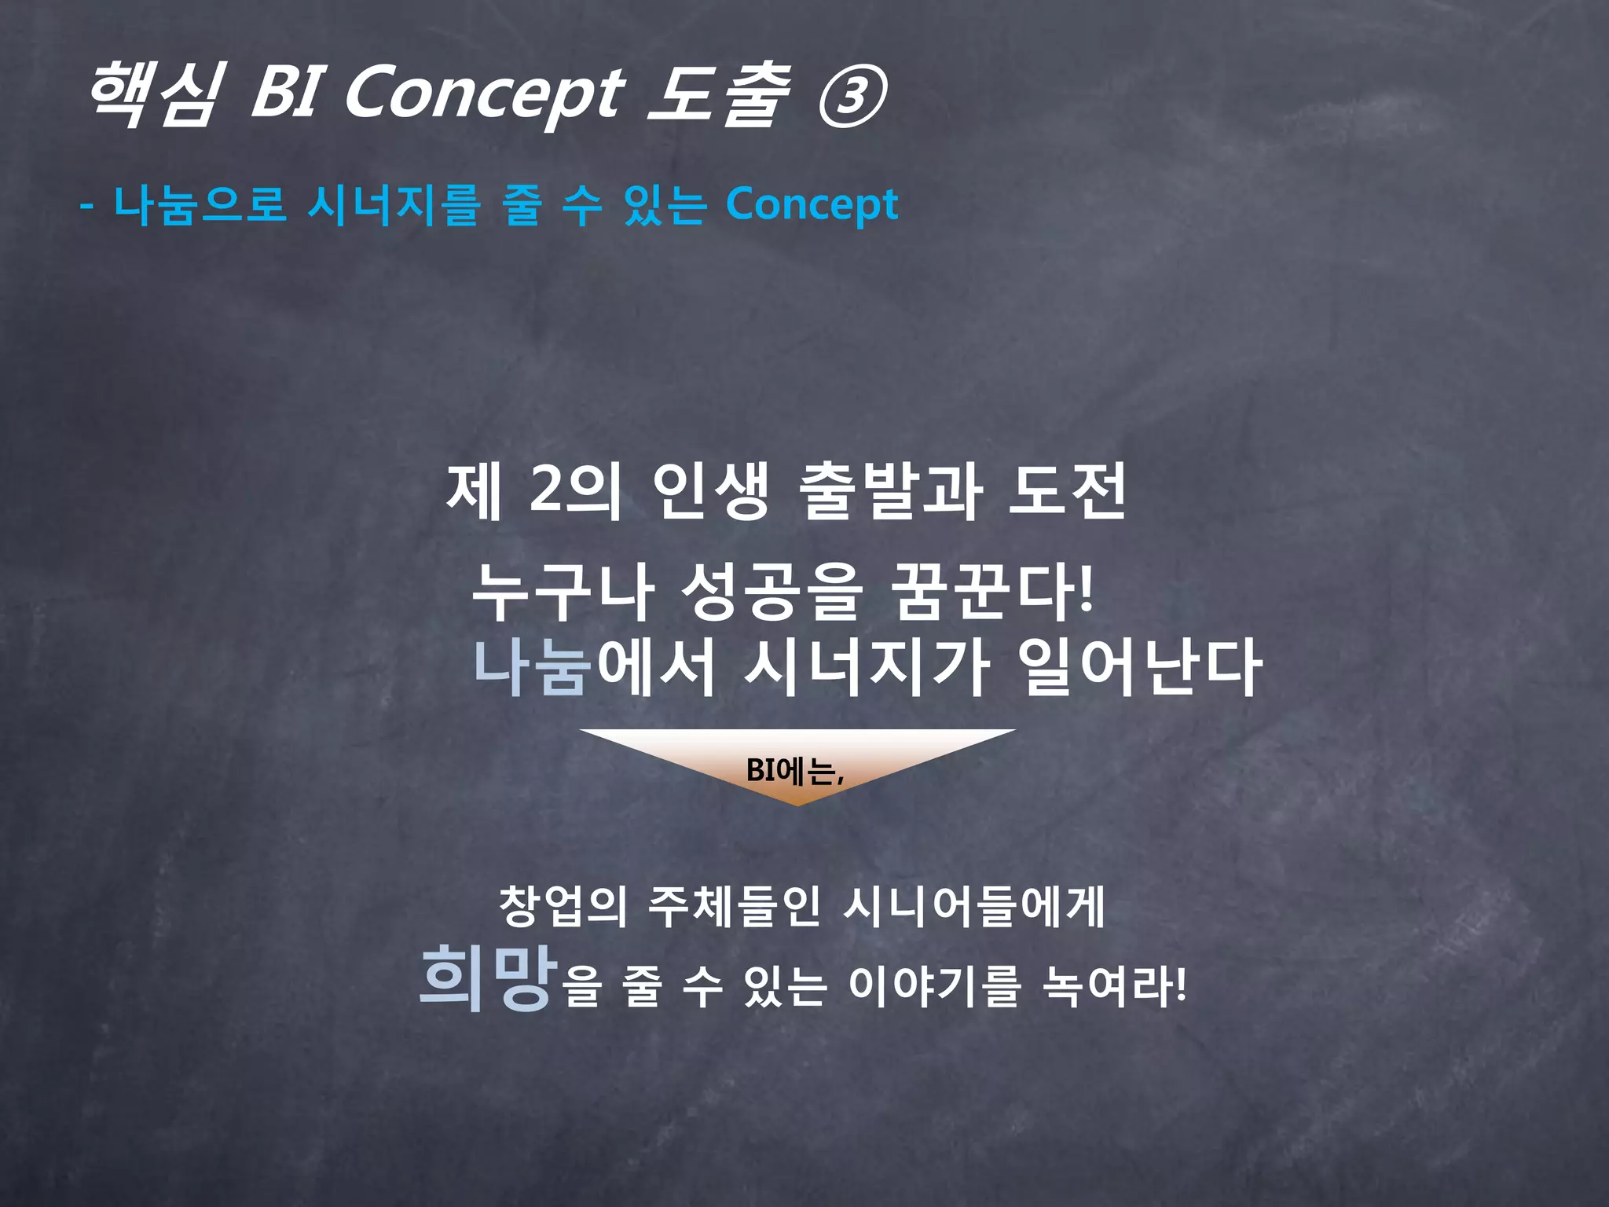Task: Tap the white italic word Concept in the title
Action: click(x=484, y=97)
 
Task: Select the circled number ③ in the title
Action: click(x=852, y=97)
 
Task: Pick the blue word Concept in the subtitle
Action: click(x=812, y=206)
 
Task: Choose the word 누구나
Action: click(x=563, y=591)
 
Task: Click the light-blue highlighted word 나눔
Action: click(x=532, y=668)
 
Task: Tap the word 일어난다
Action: click(x=1138, y=668)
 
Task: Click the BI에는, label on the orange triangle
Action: click(x=795, y=771)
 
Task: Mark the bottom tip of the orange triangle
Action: click(x=797, y=804)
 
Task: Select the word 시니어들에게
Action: click(x=974, y=906)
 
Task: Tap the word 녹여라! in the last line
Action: click(x=1114, y=986)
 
